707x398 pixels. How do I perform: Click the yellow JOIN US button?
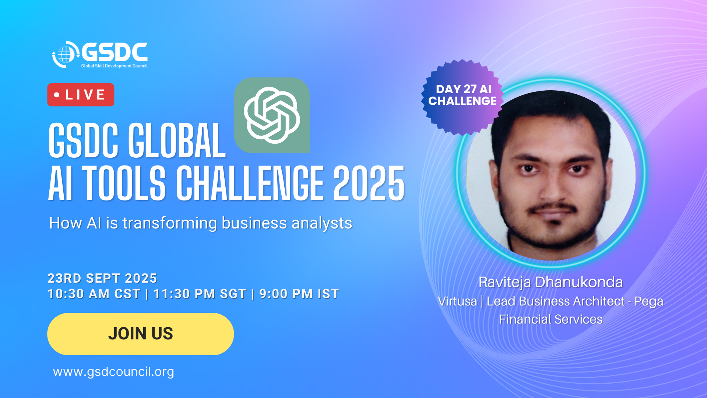click(x=140, y=334)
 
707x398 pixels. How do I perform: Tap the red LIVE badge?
click(x=81, y=95)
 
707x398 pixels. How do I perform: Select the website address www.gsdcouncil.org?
click(x=113, y=372)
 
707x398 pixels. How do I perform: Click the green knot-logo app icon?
click(x=272, y=115)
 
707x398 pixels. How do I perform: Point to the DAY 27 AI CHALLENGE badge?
click(x=462, y=97)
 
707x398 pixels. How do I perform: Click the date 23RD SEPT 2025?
click(x=102, y=278)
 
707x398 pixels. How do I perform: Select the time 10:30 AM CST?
click(x=94, y=294)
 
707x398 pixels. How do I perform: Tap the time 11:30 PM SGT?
click(x=200, y=294)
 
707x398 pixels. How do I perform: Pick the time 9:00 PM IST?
click(x=299, y=294)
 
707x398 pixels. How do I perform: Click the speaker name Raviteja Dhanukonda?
click(x=551, y=282)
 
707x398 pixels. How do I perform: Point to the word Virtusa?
click(x=457, y=301)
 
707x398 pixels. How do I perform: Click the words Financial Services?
click(x=551, y=319)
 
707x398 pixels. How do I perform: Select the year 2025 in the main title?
click(x=369, y=183)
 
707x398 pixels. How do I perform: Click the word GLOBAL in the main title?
click(x=176, y=140)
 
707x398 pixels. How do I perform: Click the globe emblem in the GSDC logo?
click(x=65, y=55)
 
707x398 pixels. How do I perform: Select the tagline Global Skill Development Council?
click(x=114, y=66)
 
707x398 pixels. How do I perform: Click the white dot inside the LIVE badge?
click(x=57, y=95)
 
